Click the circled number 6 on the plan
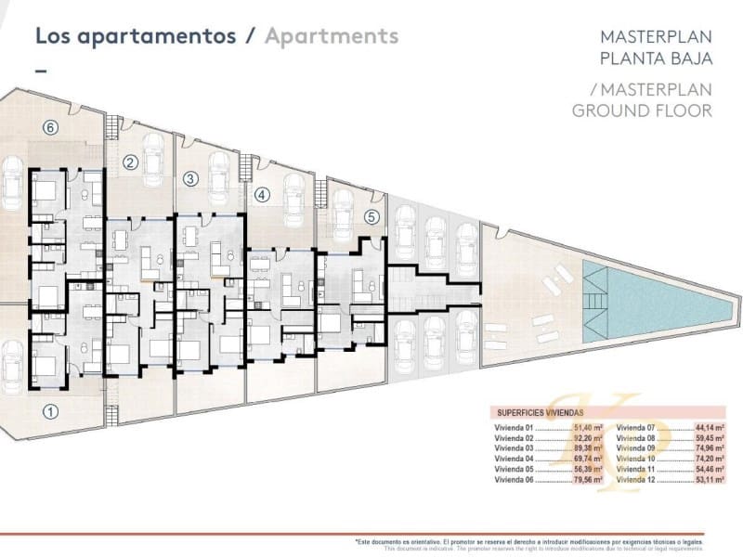[51, 127]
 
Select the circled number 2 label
[131, 162]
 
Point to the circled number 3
[189, 178]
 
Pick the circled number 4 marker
[262, 195]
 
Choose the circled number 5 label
[371, 217]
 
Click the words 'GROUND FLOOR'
[642, 110]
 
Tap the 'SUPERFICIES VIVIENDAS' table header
[541, 414]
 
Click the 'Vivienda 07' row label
[636, 426]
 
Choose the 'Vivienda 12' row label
[636, 480]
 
